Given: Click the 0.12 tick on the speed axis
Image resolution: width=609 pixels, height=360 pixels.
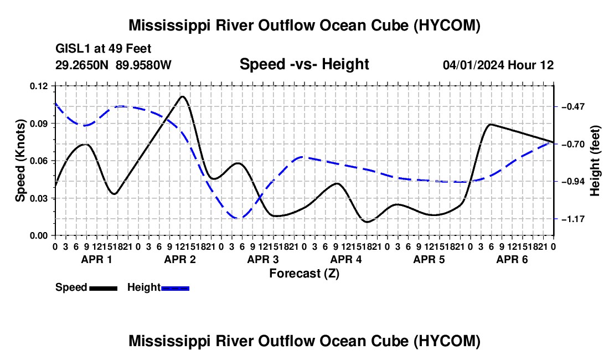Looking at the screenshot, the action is click(38, 86).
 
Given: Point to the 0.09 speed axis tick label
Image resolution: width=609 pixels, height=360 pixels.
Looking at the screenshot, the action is click(38, 124).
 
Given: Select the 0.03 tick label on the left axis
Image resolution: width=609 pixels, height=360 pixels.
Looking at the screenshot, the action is click(38, 198).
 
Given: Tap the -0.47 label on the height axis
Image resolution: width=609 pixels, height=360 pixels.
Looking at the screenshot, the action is click(573, 106).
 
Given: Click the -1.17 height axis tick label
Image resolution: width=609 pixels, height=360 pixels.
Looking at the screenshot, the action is click(573, 219).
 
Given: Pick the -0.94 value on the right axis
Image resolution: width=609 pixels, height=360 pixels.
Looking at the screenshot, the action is click(573, 181).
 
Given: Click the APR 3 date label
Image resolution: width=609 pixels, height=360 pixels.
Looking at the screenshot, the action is click(263, 259).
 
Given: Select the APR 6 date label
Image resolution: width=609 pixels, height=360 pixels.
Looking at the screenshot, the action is click(512, 259).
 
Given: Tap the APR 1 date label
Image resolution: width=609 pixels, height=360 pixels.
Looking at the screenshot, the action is click(96, 259).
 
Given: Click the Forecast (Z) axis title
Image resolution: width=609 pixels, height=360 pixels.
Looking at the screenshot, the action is click(304, 274).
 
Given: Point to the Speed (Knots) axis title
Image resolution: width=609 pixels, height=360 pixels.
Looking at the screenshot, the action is click(20, 161).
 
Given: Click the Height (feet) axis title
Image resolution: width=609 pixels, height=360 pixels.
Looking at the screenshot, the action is click(595, 161).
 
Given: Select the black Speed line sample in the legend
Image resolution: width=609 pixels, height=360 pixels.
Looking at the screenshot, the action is click(104, 288).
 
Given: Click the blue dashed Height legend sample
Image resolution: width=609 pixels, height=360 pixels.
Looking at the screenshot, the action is click(175, 288).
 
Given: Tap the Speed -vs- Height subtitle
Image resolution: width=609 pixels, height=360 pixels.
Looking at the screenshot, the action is click(304, 64).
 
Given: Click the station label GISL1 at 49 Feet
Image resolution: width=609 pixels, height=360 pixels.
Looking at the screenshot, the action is click(104, 49).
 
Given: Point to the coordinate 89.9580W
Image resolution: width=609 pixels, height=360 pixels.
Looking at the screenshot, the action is click(143, 65).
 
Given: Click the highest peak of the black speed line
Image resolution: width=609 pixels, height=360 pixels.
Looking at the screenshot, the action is click(183, 96).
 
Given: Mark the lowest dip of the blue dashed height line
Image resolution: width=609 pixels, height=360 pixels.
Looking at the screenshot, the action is click(238, 218).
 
